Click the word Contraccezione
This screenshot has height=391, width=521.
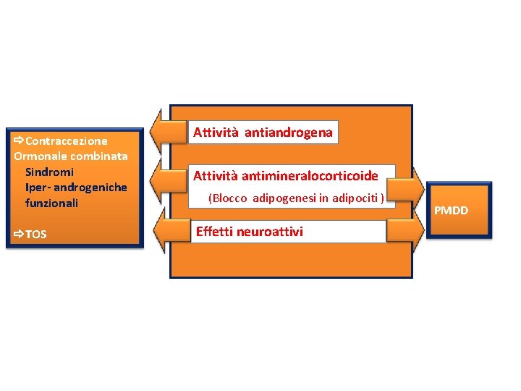(67, 140)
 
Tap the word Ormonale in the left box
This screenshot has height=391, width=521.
(40, 156)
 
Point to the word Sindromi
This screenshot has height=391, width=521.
(49, 172)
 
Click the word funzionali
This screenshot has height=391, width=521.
(51, 203)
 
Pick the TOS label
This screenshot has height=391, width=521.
(35, 234)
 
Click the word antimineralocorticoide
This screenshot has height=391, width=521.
(311, 175)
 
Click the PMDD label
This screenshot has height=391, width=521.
(451, 211)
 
